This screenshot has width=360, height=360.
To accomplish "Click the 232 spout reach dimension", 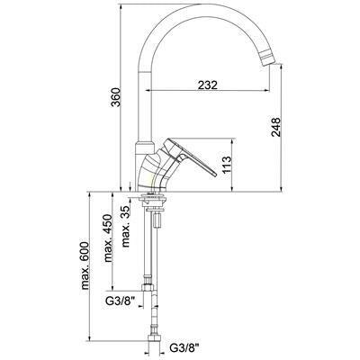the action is point(208,85).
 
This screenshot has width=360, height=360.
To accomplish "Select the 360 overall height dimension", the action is point(115,97).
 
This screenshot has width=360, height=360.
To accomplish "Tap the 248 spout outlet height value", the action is point(275,127).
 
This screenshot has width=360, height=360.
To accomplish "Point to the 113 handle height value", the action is point(227,165).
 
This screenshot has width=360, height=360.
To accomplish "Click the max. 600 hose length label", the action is point(85,265).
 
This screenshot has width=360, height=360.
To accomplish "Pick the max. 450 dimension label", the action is point(107,238).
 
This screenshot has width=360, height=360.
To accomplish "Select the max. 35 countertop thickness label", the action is point(125,227).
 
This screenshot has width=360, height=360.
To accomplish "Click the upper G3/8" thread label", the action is point(121,300).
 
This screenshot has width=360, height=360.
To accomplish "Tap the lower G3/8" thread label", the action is point(184,348).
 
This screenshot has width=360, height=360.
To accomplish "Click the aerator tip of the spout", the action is point(267,58).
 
